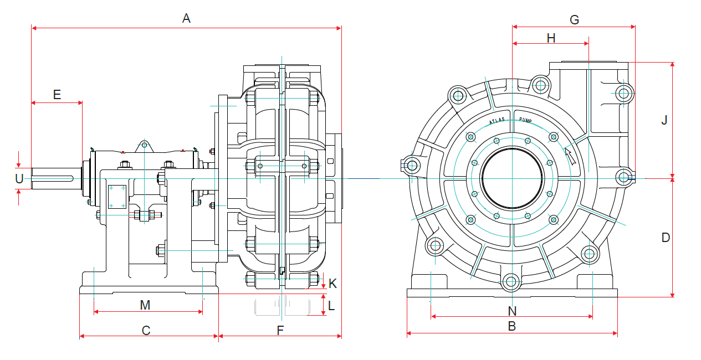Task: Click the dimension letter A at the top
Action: (x=186, y=18)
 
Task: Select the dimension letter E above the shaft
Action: (x=57, y=94)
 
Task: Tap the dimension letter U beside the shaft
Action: (x=19, y=178)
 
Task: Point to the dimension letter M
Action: (x=145, y=305)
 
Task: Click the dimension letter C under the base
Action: (x=146, y=330)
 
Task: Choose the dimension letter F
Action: (x=280, y=330)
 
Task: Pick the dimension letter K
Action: (x=332, y=283)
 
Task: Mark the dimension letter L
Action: (x=332, y=305)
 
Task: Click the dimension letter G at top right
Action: (x=574, y=20)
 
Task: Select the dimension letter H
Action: (x=551, y=38)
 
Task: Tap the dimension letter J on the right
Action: (x=664, y=120)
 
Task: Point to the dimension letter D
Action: (x=666, y=237)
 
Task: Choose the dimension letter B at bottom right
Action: (x=512, y=326)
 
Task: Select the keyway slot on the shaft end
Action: (x=53, y=178)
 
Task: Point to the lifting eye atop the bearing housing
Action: (x=144, y=145)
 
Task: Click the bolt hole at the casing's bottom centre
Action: (x=511, y=282)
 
